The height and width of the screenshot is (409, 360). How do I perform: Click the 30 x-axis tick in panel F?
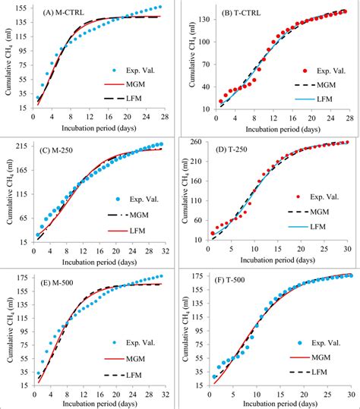[x=350, y=395]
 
